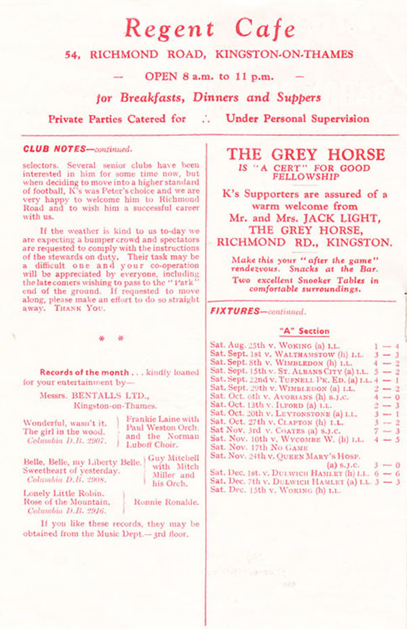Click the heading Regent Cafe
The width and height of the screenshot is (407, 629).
[x=210, y=28]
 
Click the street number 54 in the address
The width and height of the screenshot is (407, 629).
[x=73, y=53]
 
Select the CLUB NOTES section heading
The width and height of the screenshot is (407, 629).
[x=49, y=149]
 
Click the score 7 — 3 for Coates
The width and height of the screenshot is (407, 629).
[x=384, y=430]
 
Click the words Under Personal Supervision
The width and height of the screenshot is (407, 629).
[x=298, y=118]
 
